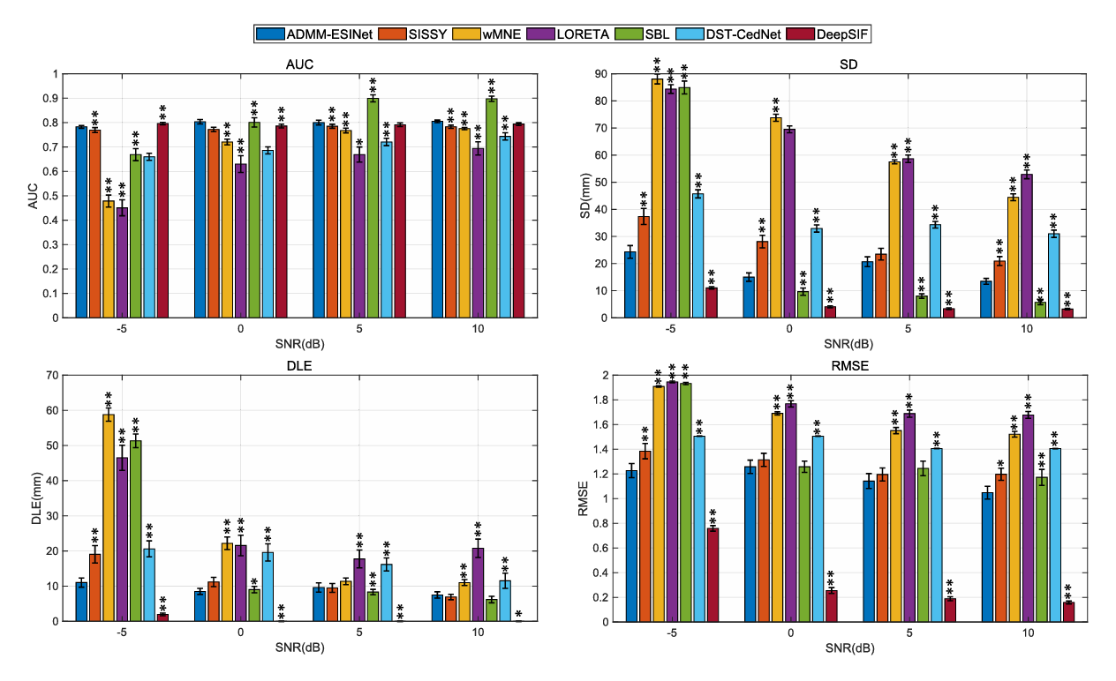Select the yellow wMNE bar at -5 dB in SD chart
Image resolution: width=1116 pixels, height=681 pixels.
point(658,198)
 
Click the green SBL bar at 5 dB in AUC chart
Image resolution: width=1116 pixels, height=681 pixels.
point(373,207)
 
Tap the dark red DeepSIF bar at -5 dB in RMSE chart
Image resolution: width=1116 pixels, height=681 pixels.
point(712,574)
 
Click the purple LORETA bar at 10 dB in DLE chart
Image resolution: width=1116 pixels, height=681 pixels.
point(478,584)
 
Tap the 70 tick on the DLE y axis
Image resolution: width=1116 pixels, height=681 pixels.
point(56,375)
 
